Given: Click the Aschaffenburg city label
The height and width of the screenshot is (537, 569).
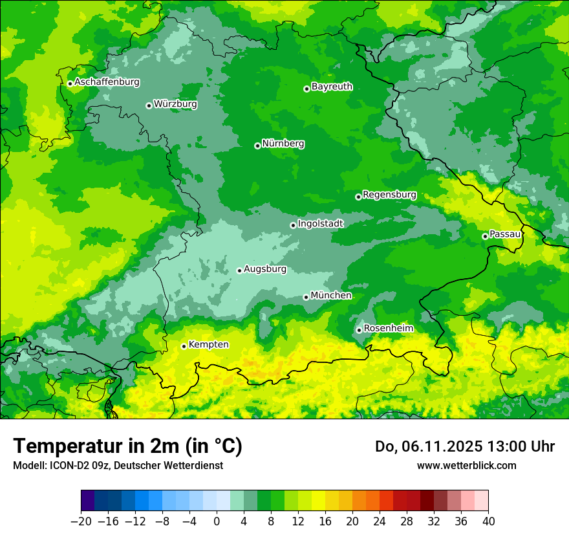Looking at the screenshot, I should coord(107,82).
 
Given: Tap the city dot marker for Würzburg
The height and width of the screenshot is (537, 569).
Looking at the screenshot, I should coord(149,105).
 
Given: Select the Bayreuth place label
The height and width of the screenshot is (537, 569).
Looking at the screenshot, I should coord(332,86).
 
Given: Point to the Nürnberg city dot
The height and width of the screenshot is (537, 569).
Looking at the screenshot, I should coord(257,146).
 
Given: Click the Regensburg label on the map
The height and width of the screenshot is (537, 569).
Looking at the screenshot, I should coord(389,194).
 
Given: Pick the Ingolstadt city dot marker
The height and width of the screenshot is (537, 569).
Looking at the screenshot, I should coord(293,225).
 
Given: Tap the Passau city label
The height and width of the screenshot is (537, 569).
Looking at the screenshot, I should coord(505,234).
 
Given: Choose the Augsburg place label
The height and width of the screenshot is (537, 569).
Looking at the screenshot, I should coord(264,268).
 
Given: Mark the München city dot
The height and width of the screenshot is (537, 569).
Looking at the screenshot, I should coord(306,297).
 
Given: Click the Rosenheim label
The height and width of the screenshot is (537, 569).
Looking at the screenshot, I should coord(388,328).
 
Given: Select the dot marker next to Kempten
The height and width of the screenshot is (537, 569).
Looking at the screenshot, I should coord(184,346).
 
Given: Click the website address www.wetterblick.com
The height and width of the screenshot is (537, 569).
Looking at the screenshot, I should coord(466,465).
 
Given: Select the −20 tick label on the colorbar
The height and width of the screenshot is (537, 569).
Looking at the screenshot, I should coord(81,521).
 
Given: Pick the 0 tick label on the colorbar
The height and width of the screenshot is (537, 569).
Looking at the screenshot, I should coord(217,521).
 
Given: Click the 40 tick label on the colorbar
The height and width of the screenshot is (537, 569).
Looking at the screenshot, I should coord(488,521).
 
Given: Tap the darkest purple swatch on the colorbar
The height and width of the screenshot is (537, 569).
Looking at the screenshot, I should coord(88,501).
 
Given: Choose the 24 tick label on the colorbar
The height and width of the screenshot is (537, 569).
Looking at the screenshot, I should coord(380,521).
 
